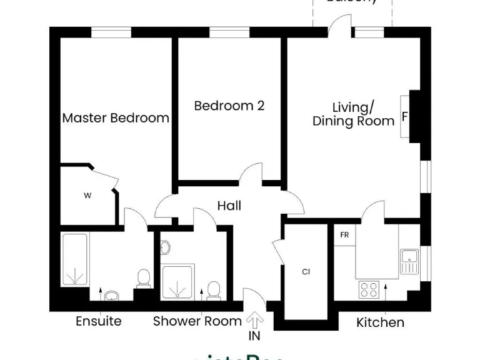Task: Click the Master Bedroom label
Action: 116,117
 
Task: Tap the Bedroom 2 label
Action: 229,106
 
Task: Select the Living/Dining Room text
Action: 354,114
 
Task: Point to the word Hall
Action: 229,206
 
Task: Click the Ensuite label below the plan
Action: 99,322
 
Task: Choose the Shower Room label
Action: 197,322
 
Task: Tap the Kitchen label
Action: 380,323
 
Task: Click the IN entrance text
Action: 254,337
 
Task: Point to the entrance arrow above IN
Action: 254,321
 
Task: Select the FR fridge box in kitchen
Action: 344,236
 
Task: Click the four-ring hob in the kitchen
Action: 369,289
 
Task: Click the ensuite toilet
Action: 143,279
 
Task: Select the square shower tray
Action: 178,281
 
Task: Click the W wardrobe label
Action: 88,196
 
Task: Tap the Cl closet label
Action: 306,272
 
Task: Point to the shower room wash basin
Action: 165,248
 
